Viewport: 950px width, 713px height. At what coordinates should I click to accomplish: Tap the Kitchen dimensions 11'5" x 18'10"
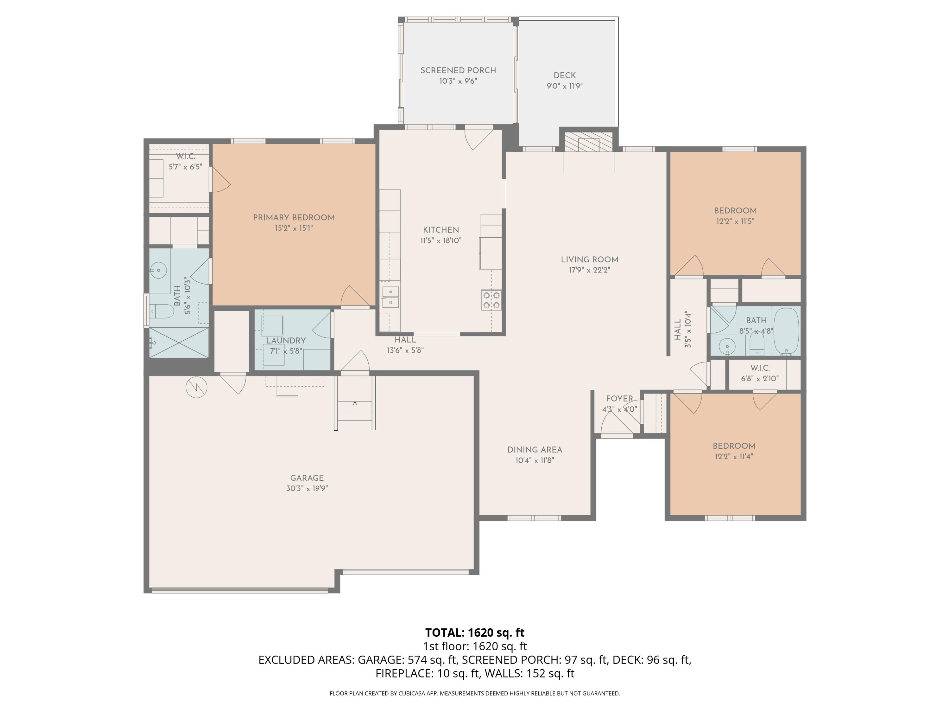click(x=441, y=240)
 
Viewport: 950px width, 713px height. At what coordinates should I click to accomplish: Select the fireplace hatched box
click(x=588, y=142)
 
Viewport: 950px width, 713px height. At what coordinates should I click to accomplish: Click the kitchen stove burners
click(x=492, y=300)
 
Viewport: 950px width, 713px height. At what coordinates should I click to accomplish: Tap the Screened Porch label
click(x=458, y=70)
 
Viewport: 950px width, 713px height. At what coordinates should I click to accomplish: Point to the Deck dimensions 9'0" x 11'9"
click(x=564, y=86)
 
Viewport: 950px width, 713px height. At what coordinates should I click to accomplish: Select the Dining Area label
click(x=535, y=450)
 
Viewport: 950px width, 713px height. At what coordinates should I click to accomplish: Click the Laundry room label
click(x=286, y=341)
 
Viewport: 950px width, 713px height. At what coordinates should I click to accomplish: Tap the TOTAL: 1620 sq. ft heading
click(x=475, y=633)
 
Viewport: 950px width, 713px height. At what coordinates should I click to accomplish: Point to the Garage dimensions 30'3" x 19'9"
click(x=307, y=488)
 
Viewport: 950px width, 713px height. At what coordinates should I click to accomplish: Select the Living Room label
click(x=589, y=260)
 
